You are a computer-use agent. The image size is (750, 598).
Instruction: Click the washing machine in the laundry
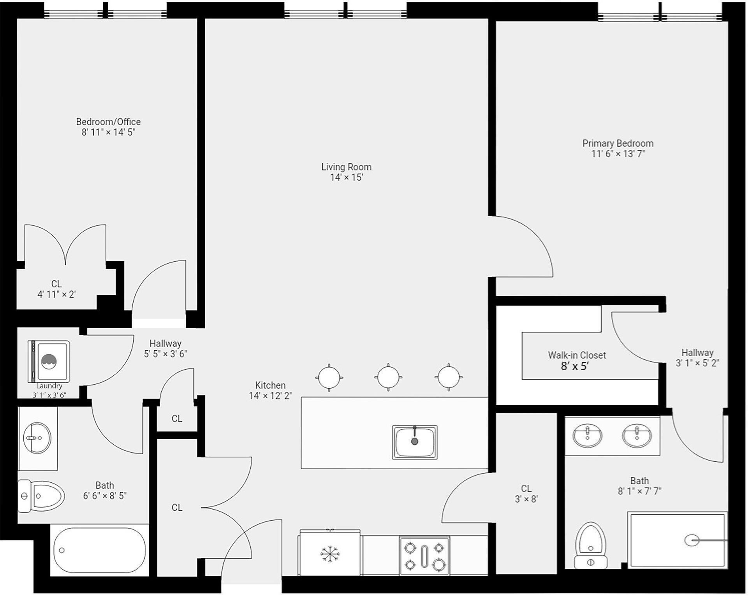coord(49,362)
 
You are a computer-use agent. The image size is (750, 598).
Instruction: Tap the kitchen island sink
coord(415,442)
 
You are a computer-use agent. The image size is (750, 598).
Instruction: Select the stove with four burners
coord(424,556)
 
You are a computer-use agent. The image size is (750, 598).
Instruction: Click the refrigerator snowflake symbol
coord(330,554)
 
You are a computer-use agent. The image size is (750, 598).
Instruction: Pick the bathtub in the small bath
coord(100,551)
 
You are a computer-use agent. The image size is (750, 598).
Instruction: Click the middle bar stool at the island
coord(388,377)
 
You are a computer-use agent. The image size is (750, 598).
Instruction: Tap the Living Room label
coord(346,167)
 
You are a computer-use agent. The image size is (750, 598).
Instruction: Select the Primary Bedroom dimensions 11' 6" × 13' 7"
coord(618,154)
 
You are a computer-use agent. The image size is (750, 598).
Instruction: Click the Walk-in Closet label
coord(577,355)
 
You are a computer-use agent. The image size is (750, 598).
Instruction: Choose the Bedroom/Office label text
coord(108,122)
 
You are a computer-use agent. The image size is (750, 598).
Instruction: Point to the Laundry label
coord(49,386)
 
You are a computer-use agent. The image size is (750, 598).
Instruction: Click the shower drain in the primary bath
coord(692,540)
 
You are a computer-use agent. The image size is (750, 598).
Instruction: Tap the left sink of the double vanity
coord(587,436)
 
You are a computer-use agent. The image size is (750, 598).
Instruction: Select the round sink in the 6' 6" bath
coord(37,438)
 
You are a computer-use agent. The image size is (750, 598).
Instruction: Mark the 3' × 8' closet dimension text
coord(526,499)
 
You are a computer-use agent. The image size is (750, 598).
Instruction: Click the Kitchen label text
coord(270,385)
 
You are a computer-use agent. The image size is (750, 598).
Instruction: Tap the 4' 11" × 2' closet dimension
coord(56,294)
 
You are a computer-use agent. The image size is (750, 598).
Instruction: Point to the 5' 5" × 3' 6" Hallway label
coord(165,343)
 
